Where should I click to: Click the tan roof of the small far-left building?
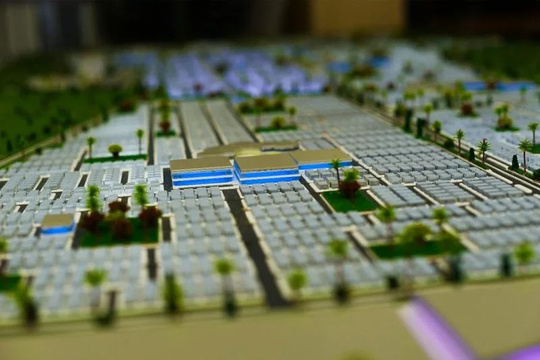[x=57, y=220]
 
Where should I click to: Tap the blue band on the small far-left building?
[x=57, y=230]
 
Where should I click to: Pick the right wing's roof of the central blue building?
[x=321, y=157]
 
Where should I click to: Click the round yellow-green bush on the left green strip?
[x=115, y=150]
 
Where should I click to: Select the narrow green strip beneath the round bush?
[x=115, y=159]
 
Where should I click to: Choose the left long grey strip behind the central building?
[x=197, y=125]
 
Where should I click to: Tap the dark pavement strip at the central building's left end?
[x=167, y=179]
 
